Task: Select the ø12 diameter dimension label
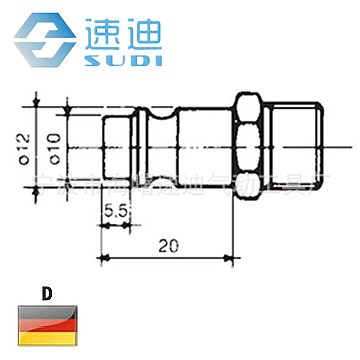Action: pyautogui.click(x=25, y=148)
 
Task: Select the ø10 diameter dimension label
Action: pyautogui.click(x=54, y=148)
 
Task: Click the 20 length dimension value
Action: pyautogui.click(x=168, y=245)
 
